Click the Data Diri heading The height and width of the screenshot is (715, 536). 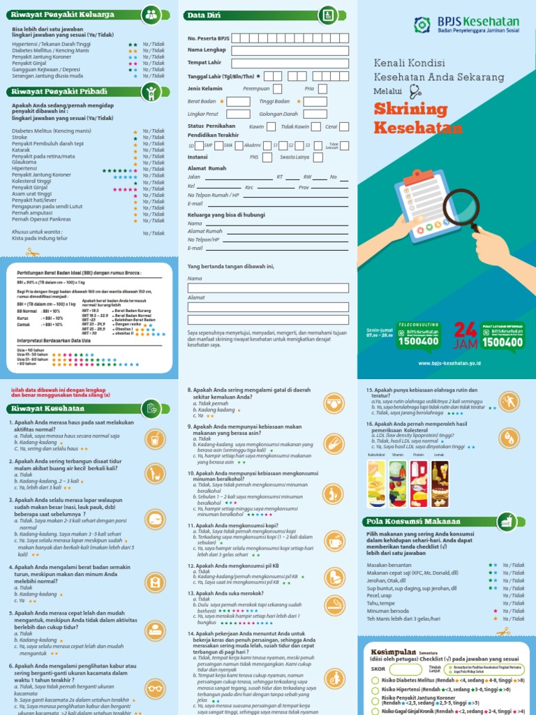coord(204,14)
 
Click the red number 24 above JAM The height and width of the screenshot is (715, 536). coord(466,330)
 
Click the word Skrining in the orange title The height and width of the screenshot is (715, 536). coord(410,110)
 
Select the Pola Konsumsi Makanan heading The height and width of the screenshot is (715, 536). coord(412,521)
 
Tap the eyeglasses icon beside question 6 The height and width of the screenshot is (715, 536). coord(154,677)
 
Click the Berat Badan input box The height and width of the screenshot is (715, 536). coord(239,101)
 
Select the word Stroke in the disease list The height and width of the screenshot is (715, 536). coord(19,138)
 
